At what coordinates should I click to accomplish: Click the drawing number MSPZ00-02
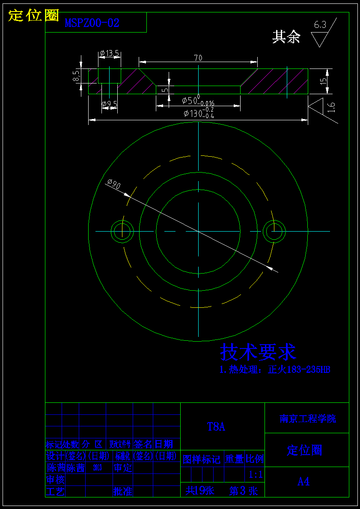tap(92, 23)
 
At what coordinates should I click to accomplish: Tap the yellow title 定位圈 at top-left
tap(33, 15)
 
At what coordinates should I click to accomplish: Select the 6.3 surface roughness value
tap(320, 25)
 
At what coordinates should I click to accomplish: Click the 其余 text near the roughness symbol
tap(286, 37)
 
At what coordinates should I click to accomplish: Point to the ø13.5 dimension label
tap(109, 54)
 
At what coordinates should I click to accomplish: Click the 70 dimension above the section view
tap(198, 58)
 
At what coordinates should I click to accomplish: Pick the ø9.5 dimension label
tap(109, 104)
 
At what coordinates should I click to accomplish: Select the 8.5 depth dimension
tap(76, 76)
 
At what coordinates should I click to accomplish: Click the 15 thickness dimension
tap(323, 80)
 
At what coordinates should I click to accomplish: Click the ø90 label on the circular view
tap(114, 184)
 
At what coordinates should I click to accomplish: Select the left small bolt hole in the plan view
tap(122, 231)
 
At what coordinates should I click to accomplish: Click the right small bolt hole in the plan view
tap(274, 231)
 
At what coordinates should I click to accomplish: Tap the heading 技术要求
tap(258, 352)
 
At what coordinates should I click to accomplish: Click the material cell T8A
tap(216, 427)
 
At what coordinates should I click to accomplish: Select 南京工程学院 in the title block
tap(308, 419)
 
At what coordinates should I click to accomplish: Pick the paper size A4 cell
tap(303, 482)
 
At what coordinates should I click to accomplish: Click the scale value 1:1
tap(256, 475)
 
